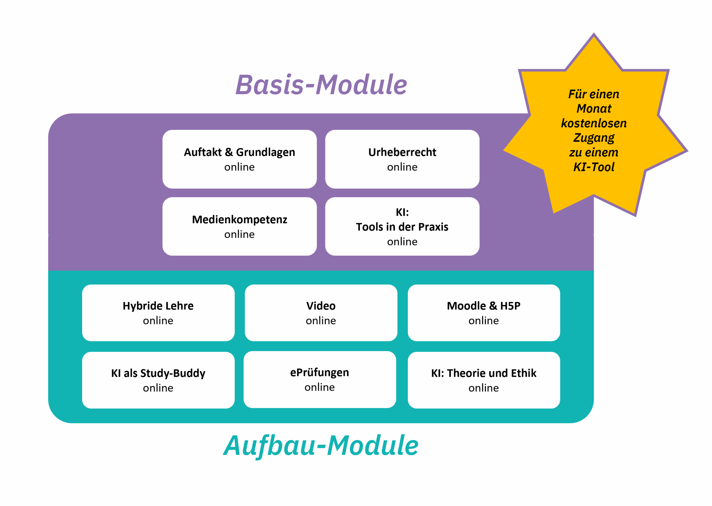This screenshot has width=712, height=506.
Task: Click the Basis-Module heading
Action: [x=321, y=84]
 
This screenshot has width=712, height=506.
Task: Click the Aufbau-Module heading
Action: [x=321, y=446]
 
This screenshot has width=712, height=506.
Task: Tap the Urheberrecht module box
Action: [x=402, y=159]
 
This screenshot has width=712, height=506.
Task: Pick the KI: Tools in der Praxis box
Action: [x=402, y=227]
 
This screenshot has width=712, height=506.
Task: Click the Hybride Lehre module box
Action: [x=158, y=313]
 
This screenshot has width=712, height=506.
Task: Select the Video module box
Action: [x=321, y=313]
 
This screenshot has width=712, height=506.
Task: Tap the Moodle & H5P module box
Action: [x=484, y=313]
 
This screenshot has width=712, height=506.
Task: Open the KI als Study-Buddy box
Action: [x=158, y=380]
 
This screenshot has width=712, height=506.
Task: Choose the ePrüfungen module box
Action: [x=320, y=379]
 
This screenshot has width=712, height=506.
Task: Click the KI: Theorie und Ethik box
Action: [x=484, y=380]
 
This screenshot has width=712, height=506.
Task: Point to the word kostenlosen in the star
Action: [x=594, y=123]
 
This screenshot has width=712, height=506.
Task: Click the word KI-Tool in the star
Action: [x=594, y=167]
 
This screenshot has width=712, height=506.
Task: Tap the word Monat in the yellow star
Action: [x=594, y=108]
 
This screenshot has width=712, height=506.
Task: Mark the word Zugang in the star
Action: [x=594, y=138]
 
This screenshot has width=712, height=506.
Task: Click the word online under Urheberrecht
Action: [x=402, y=167]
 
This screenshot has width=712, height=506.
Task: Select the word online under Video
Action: [x=321, y=320]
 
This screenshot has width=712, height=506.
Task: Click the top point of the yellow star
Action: [x=594, y=33]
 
